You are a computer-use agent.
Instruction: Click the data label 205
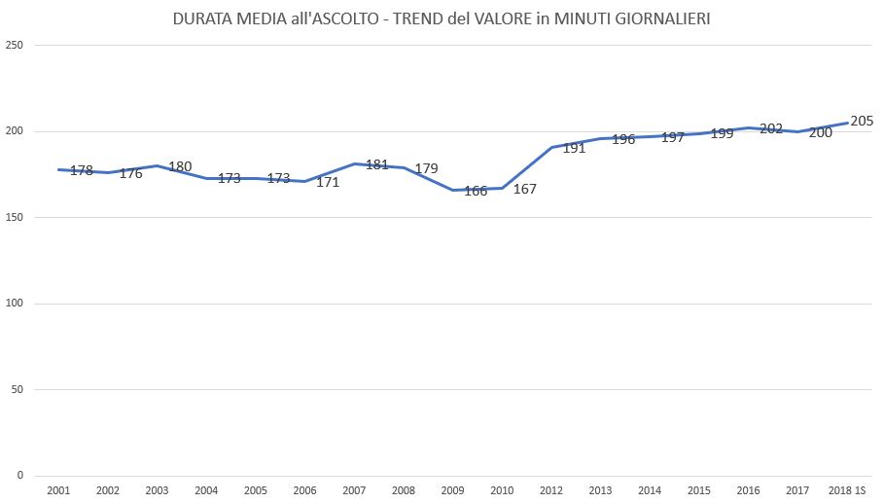(x=862, y=121)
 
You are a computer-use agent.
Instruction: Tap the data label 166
(x=476, y=191)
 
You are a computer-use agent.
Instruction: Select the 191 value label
(x=574, y=148)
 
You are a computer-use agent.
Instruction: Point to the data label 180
(x=180, y=166)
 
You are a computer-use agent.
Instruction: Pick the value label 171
(x=328, y=182)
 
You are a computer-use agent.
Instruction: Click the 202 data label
(x=771, y=128)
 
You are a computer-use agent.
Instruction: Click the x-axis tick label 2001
(x=58, y=490)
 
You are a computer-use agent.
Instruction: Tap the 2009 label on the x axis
(x=453, y=490)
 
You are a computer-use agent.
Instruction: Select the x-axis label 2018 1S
(x=847, y=490)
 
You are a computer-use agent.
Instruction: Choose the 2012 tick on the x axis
(x=550, y=490)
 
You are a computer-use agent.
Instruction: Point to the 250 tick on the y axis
(x=14, y=45)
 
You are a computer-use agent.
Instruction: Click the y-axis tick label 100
(x=14, y=304)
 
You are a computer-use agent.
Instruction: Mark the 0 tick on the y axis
(x=20, y=476)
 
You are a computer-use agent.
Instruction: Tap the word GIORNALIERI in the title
(x=662, y=18)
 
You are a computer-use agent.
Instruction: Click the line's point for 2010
(x=502, y=189)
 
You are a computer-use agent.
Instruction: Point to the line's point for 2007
(x=354, y=164)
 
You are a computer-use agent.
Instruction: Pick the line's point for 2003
(x=157, y=165)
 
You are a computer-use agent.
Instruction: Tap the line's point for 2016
(x=748, y=128)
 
